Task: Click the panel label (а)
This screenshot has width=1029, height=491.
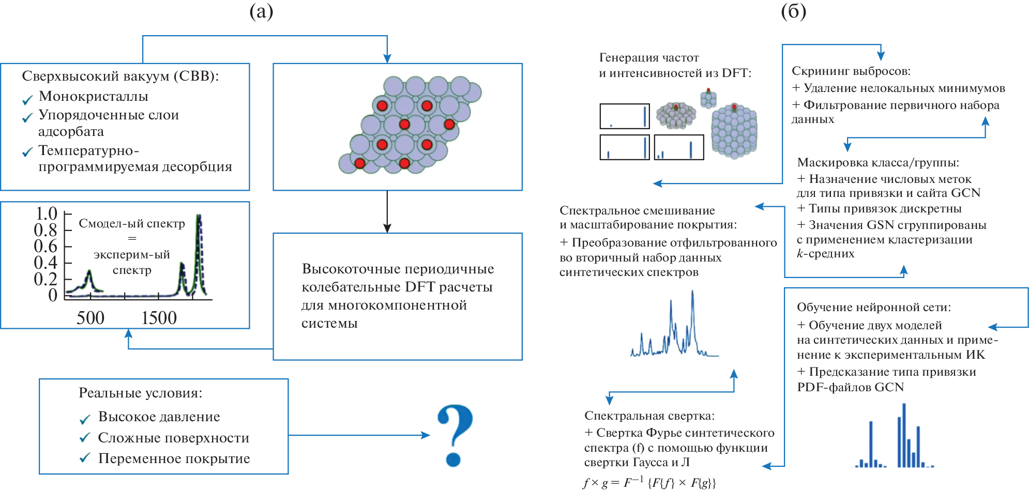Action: [x=261, y=11]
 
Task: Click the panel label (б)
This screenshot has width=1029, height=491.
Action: [x=793, y=11]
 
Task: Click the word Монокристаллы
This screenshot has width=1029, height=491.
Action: [x=94, y=96]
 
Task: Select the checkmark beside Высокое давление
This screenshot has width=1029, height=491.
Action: [x=85, y=419]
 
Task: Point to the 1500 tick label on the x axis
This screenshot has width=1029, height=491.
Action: [x=159, y=318]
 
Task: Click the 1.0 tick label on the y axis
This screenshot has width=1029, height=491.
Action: [x=47, y=213]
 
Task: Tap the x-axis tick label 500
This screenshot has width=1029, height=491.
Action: [x=90, y=318]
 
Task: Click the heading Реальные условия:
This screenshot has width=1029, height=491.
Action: [x=140, y=393]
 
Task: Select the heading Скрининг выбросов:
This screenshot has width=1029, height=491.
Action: [x=851, y=71]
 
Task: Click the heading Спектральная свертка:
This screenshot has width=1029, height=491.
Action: [x=649, y=416]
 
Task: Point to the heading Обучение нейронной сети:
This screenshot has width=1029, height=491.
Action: [x=874, y=307]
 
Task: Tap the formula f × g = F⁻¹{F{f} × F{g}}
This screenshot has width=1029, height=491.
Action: [x=649, y=483]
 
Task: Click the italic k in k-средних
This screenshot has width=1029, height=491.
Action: [x=800, y=253]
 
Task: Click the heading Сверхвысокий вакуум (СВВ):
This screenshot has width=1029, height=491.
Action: [x=120, y=76]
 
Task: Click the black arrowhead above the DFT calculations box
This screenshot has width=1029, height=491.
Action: [x=387, y=228]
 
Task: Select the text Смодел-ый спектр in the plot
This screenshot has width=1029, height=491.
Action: [x=132, y=223]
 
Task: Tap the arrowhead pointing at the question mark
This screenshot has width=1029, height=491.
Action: [x=426, y=435]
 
